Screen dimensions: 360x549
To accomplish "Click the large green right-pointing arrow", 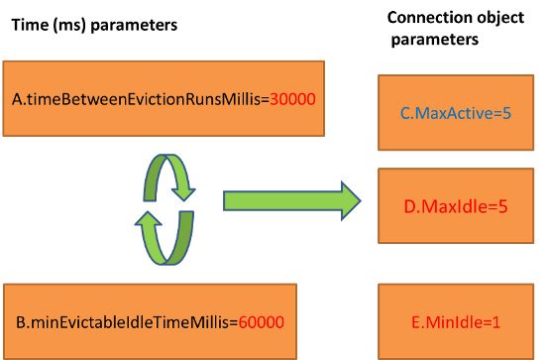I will click(287, 201).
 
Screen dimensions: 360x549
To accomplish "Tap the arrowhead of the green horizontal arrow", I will click(346, 201).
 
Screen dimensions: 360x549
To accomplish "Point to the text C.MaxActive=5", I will click(455, 114).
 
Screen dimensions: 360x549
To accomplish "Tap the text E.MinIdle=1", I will click(456, 323).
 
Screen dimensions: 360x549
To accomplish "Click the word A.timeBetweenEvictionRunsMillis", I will click(140, 101).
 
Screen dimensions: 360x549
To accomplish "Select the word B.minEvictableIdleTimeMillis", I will click(125, 322).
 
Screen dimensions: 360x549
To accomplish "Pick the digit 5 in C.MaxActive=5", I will click(506, 114).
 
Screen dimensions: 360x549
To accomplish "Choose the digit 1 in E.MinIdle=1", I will click(498, 323).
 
